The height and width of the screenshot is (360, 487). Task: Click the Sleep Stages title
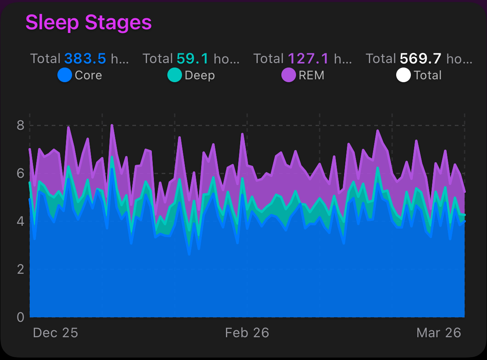[88, 23]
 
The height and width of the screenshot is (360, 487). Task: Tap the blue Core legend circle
[65, 75]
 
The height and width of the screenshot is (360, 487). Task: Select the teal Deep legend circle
[175, 75]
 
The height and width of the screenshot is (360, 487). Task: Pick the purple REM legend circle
[288, 75]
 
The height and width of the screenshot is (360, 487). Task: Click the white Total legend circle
[403, 75]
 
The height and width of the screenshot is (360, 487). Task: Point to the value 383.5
[85, 59]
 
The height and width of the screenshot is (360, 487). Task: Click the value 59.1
[192, 59]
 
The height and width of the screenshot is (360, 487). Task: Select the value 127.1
[308, 59]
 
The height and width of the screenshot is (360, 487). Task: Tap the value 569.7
[420, 59]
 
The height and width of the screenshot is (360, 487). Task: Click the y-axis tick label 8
[20, 125]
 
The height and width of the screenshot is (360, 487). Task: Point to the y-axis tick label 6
[20, 173]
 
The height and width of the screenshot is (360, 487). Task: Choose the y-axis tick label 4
[20, 221]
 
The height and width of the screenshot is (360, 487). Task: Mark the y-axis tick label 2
[20, 269]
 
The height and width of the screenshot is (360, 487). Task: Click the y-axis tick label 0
[20, 317]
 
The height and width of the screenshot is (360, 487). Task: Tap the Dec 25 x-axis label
[55, 333]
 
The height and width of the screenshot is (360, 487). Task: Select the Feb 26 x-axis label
[247, 333]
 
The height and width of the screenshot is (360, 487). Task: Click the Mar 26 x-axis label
[439, 333]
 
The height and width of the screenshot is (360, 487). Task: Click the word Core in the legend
[88, 75]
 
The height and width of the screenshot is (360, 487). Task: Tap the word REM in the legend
[312, 75]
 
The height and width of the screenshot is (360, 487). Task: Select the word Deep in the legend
[200, 75]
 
